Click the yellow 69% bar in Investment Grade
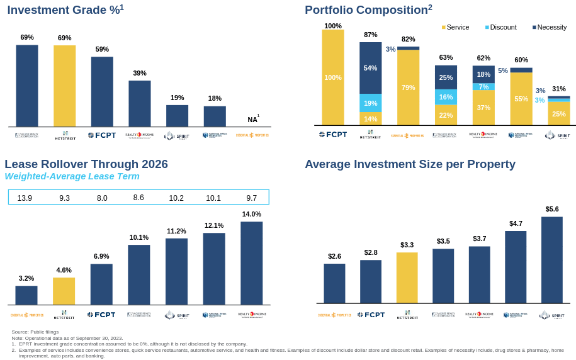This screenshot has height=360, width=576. coord(64,86)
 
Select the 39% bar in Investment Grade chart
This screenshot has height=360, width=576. coord(140,103)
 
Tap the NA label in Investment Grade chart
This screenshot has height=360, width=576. coord(252,120)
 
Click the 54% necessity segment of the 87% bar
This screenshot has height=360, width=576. coord(370,68)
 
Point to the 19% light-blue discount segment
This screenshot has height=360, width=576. coord(370,103)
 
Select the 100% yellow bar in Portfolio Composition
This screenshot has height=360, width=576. coord(333,77)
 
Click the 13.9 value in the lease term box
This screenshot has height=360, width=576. coord(25,198)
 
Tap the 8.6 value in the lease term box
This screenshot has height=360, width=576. coord(138,198)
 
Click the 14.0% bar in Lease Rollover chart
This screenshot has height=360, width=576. coord(251,263)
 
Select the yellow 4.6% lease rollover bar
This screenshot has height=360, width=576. coord(64,291)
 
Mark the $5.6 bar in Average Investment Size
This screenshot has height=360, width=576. coord(551,260)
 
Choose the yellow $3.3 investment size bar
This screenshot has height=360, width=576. coord(407,278)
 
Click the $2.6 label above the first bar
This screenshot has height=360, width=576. coord(334,256)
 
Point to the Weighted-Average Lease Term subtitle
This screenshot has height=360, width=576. coord(72,176)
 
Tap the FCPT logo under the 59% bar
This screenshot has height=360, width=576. coord(102,135)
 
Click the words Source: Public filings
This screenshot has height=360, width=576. coord(35,332)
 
